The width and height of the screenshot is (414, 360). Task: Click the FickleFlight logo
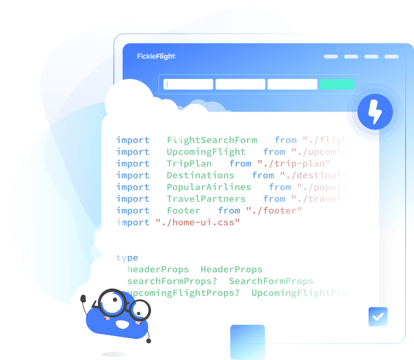tap(156, 56)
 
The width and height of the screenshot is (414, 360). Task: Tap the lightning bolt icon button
tap(375, 111)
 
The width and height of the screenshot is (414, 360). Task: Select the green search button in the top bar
tap(337, 84)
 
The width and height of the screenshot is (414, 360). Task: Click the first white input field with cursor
tap(188, 84)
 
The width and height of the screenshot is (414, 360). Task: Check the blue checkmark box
tap(378, 317)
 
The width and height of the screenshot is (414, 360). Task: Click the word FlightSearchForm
tap(212, 140)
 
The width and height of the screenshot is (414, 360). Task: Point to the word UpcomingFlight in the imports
tap(206, 152)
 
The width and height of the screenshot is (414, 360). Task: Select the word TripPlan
tap(189, 163)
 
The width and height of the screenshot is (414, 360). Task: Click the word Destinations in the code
tap(200, 175)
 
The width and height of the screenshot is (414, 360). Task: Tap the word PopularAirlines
tap(209, 187)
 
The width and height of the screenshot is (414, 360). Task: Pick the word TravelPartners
tap(206, 199)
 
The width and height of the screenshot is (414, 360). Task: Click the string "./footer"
tap(274, 210)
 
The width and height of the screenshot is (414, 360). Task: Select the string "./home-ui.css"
tap(197, 222)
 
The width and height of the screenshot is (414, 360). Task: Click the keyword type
tap(127, 258)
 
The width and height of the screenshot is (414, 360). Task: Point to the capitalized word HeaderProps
tap(231, 269)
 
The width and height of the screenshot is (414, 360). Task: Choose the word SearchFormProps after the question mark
tap(271, 281)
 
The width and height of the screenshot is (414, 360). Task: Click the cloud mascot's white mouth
tap(122, 324)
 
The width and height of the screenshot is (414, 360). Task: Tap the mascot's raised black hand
tap(83, 298)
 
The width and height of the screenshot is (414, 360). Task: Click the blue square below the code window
tap(247, 342)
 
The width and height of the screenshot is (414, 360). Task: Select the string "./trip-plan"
tap(294, 163)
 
